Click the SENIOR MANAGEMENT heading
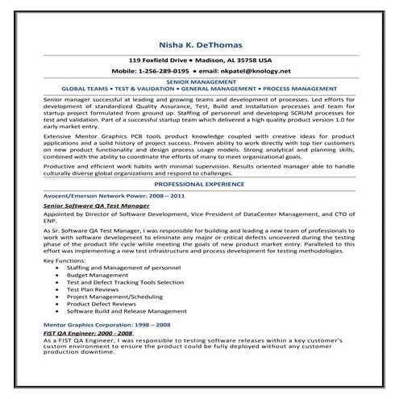click(x=199, y=81)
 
